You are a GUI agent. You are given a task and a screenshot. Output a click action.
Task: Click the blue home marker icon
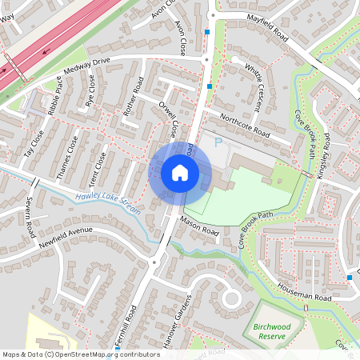pos(180,173)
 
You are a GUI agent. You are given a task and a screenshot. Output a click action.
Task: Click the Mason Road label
pos(199,226)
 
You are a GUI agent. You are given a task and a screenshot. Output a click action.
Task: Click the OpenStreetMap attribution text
pos(80,354)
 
